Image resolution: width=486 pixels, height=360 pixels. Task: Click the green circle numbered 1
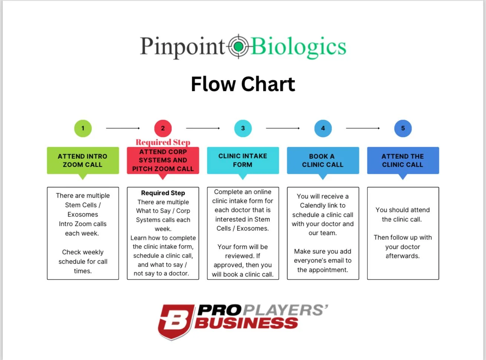[83, 128]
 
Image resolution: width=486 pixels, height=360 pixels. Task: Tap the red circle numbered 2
[163, 128]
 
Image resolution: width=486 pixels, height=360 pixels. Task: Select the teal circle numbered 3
[243, 128]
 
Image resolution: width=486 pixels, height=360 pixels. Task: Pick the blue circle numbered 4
[323, 128]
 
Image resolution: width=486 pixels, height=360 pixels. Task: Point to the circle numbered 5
[403, 128]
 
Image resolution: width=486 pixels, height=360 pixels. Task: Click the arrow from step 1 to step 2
[123, 128]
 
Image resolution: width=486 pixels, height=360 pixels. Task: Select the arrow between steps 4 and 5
[363, 128]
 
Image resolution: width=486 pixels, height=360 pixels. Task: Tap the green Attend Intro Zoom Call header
[83, 161]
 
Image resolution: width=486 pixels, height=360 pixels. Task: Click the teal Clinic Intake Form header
[243, 161]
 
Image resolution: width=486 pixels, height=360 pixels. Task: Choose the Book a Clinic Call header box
[323, 161]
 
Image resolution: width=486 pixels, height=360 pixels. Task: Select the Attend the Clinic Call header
[403, 161]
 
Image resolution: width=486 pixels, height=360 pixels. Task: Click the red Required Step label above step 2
[163, 142]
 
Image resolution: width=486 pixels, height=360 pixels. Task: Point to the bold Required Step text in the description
[163, 193]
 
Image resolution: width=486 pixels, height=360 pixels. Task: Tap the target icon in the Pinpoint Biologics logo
[238, 46]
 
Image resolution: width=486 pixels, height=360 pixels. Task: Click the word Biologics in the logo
[298, 47]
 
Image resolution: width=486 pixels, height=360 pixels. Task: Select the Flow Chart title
[243, 84]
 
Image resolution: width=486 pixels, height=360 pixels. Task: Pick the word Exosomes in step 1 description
[83, 214]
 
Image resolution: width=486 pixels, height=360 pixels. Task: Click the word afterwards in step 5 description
[402, 256]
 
